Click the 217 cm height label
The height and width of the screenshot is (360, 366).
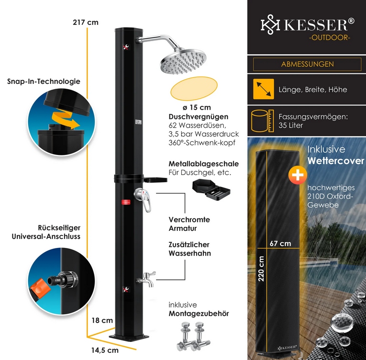pyautogui.click(x=85, y=22)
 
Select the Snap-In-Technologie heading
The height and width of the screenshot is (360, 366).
pyautogui.click(x=43, y=82)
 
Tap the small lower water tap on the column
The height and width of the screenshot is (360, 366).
pyautogui.click(x=146, y=280)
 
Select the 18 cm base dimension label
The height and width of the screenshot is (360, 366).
pyautogui.click(x=102, y=321)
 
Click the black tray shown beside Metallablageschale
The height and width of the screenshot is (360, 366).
pyautogui.click(x=211, y=189)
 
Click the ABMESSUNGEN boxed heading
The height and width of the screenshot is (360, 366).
pyautogui.click(x=307, y=64)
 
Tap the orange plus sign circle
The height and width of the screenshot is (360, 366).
pyautogui.click(x=295, y=175)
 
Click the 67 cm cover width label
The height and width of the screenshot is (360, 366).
pyautogui.click(x=280, y=244)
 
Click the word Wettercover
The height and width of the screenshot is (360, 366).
pyautogui.click(x=335, y=161)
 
